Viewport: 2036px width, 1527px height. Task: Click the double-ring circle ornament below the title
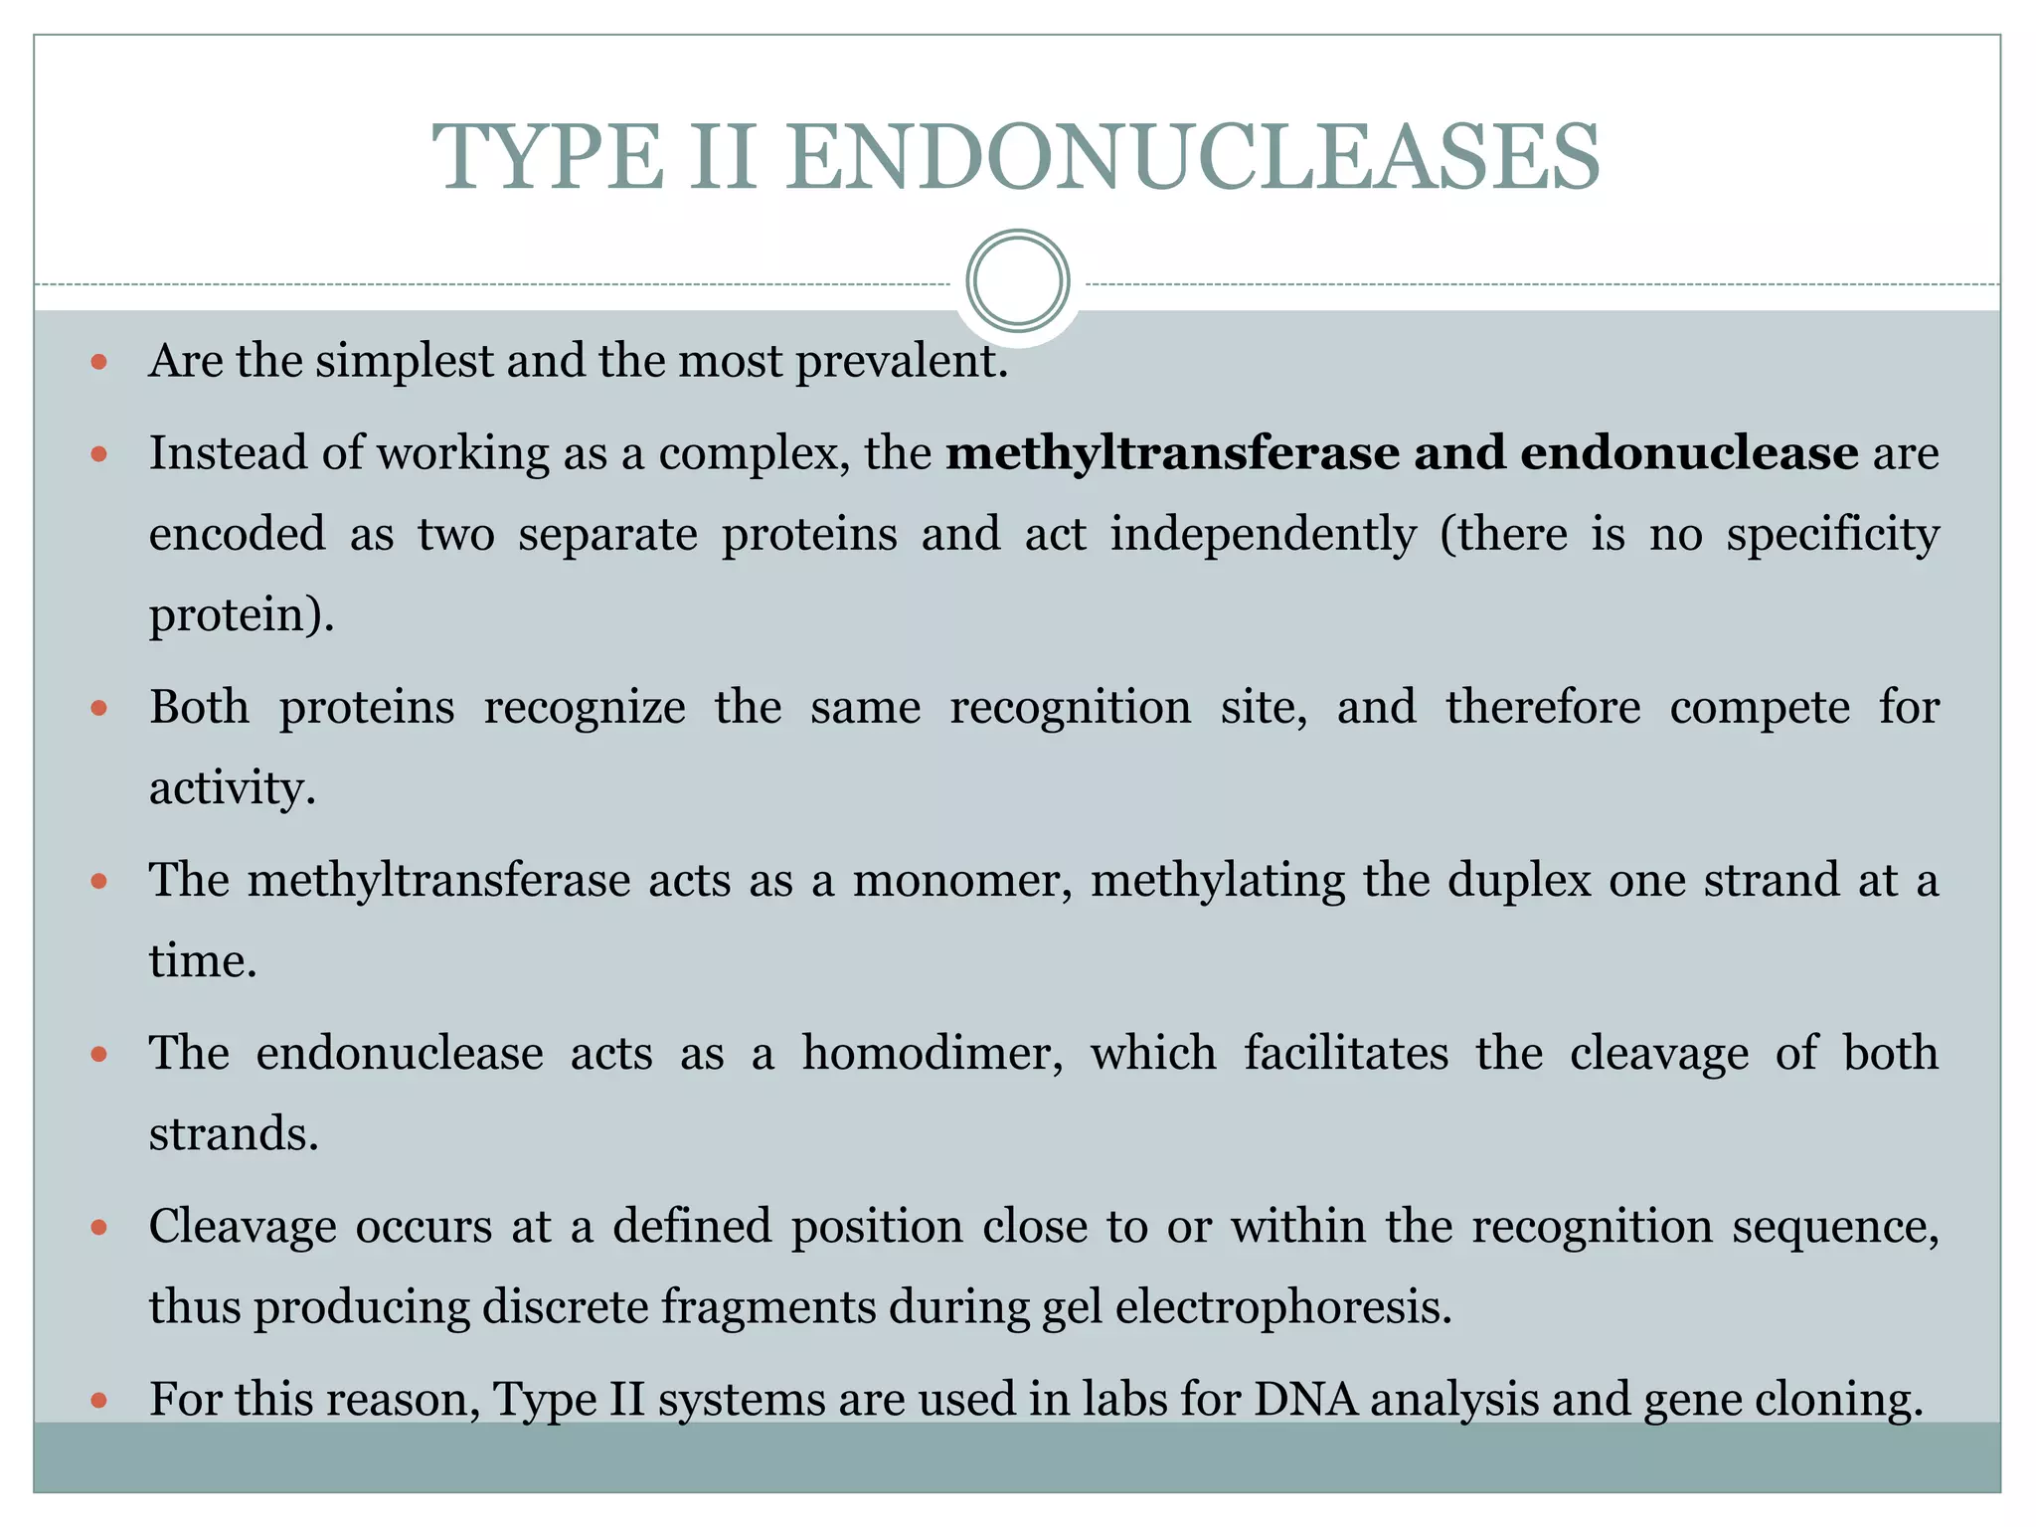tap(1018, 281)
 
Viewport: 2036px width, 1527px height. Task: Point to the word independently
tap(1263, 535)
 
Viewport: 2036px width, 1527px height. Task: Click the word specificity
tap(1832, 535)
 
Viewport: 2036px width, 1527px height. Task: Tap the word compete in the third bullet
tap(1760, 708)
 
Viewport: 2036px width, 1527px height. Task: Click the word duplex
tap(1519, 881)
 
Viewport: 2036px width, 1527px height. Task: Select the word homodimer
tap(933, 1054)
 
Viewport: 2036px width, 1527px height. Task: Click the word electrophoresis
tap(1283, 1308)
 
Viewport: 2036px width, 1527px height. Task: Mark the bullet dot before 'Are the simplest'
tap(98, 362)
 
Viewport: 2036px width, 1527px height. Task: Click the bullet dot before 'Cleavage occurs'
tap(98, 1228)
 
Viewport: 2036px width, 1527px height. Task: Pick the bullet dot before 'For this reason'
tap(98, 1401)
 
